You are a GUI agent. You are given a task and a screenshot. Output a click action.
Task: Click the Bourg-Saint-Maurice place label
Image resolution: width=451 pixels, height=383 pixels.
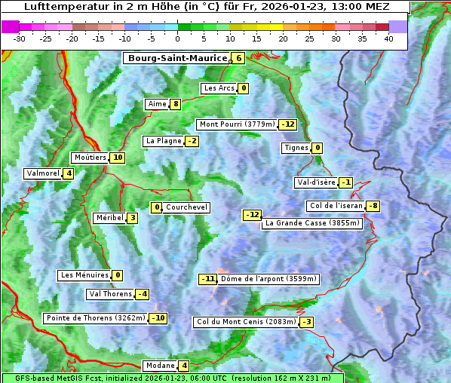click(177, 58)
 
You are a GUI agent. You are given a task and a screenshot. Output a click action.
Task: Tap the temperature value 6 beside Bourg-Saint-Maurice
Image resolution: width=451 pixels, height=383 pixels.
click(238, 58)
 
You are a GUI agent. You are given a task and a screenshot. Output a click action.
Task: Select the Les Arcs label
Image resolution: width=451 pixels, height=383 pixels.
click(219, 88)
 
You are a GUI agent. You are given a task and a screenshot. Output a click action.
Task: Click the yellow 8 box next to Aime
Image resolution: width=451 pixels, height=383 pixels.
click(175, 104)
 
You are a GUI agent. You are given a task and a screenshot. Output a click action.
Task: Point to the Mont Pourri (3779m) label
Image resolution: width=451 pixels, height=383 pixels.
click(236, 124)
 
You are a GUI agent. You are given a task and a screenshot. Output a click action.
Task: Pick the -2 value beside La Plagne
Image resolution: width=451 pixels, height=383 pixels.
click(192, 141)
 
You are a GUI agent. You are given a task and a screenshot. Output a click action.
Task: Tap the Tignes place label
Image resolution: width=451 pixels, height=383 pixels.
click(296, 148)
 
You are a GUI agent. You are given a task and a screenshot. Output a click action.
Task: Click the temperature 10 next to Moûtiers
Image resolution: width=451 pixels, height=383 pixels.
click(117, 158)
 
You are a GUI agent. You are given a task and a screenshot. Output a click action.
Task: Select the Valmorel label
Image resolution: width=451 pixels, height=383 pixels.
click(42, 173)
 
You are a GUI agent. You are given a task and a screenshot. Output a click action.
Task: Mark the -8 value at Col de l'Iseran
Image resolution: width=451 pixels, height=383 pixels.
click(373, 207)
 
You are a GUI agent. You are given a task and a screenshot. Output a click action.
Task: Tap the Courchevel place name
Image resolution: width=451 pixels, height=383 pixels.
click(186, 207)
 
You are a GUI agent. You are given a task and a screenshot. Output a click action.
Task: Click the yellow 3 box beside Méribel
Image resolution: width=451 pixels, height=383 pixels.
click(132, 218)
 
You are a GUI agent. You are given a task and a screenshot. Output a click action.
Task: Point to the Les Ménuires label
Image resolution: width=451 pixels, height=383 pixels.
click(84, 275)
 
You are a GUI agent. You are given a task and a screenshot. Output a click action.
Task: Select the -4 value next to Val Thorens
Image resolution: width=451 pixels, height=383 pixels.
click(142, 294)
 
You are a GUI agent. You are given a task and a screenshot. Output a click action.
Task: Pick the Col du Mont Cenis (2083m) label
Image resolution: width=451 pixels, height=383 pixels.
click(245, 322)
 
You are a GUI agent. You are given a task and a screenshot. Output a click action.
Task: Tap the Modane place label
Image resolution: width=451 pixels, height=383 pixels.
click(160, 366)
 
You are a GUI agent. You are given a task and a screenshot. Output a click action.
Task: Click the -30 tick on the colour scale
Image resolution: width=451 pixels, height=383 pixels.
click(20, 38)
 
